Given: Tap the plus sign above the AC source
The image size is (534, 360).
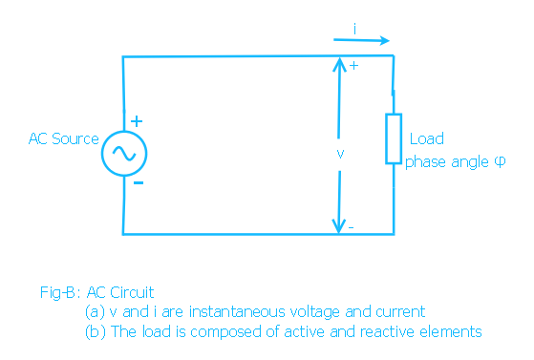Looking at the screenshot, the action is [137, 121].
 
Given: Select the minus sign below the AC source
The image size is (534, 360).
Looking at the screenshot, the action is [139, 183].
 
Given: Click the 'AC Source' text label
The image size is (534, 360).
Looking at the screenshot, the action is [64, 139].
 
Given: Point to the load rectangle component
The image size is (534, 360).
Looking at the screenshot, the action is [386, 139].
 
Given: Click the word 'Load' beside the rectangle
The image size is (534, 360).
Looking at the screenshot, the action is [427, 139].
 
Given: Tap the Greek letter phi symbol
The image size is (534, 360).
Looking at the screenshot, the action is [500, 161].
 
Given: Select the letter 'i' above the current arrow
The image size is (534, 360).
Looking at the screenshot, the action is [354, 29].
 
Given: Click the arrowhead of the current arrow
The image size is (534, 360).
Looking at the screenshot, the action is [385, 40].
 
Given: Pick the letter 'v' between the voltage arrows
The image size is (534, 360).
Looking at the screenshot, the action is [340, 154].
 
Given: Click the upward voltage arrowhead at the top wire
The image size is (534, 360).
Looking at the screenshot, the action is [339, 64].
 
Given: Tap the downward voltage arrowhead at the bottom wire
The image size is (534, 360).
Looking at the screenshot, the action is [339, 225].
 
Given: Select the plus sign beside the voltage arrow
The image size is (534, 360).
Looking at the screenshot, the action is [353, 66].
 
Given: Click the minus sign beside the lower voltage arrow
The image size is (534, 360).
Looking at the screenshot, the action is [352, 227].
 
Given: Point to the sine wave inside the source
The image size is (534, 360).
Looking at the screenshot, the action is [124, 154].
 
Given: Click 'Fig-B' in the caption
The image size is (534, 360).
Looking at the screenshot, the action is [57, 292].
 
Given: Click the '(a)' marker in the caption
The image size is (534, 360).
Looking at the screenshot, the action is [95, 312].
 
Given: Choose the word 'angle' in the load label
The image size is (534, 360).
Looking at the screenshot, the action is [470, 162].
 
